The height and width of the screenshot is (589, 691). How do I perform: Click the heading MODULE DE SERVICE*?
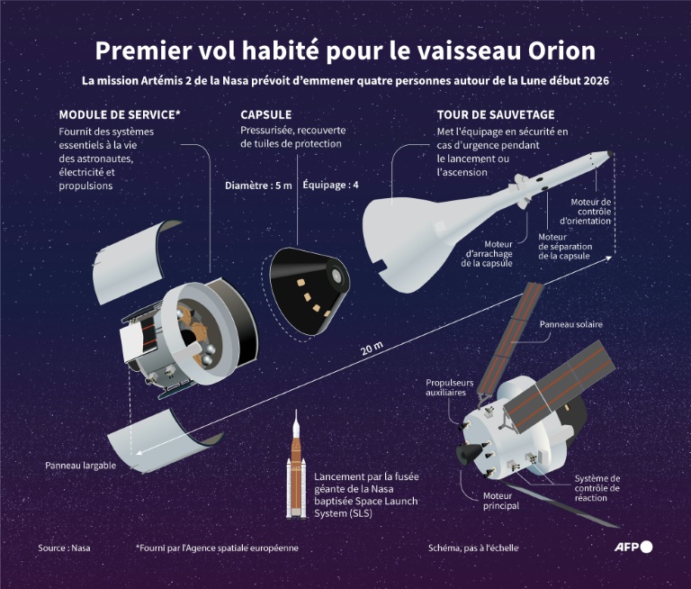[x=120, y=115]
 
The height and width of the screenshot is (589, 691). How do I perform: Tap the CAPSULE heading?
[x=266, y=115]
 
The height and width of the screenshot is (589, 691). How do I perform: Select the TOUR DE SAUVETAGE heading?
[x=495, y=115]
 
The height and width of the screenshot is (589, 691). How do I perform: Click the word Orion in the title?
[x=561, y=50]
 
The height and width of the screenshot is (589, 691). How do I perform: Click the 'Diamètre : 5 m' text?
[x=258, y=186]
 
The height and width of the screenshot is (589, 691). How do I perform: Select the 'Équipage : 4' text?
[x=330, y=186]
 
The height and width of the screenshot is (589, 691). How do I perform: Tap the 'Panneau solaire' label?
[x=571, y=324]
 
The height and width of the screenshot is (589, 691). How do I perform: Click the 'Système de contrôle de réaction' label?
[x=597, y=488]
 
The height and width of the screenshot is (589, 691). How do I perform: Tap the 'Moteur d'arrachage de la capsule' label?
[x=487, y=253]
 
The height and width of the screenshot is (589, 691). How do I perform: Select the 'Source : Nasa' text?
[x=64, y=548]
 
